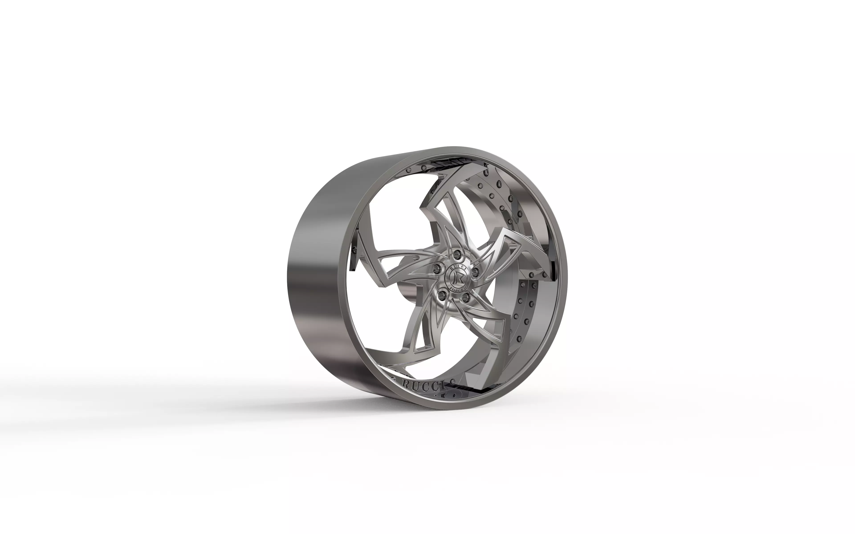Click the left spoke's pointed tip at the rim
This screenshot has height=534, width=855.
pyautogui.click(x=358, y=233)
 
